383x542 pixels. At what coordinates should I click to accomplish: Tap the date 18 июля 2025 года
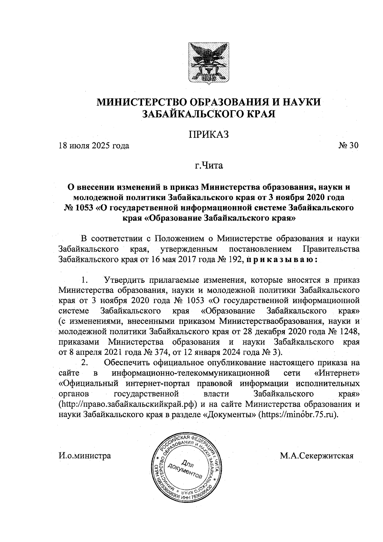94,146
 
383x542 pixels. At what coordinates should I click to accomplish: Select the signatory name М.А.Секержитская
317,455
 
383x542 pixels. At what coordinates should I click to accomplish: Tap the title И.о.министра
85,455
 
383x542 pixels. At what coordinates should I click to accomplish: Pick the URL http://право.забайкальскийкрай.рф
129,404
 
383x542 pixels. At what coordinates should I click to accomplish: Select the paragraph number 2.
85,363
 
